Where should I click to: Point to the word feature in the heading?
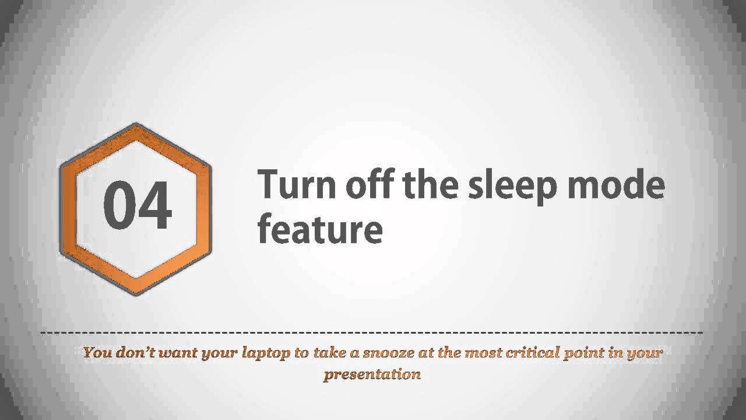click(320, 229)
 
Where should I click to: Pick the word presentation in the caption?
click(372, 374)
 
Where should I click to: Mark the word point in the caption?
click(583, 353)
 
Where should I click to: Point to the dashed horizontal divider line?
click(373, 334)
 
